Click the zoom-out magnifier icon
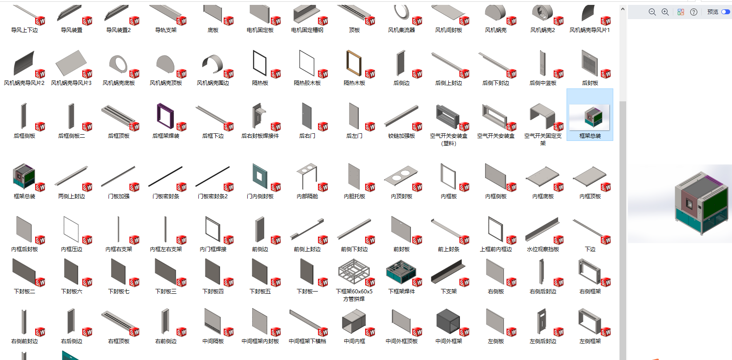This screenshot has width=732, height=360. point(652,12)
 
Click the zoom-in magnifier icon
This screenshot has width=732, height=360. point(665,12)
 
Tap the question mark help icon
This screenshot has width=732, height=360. point(693,12)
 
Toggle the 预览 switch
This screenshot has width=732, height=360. point(725,12)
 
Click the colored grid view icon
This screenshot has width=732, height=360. point(681,12)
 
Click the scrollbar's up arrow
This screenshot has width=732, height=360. point(623,9)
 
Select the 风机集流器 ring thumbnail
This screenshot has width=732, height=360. point(401,12)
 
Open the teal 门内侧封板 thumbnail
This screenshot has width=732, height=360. point(260,176)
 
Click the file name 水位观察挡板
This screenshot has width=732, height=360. point(543,249)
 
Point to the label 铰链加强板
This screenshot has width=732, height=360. point(401,136)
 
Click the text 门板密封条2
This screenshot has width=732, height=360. point(213,196)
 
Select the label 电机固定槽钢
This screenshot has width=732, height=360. point(307,30)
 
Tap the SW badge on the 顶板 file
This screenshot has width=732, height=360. point(370,21)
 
